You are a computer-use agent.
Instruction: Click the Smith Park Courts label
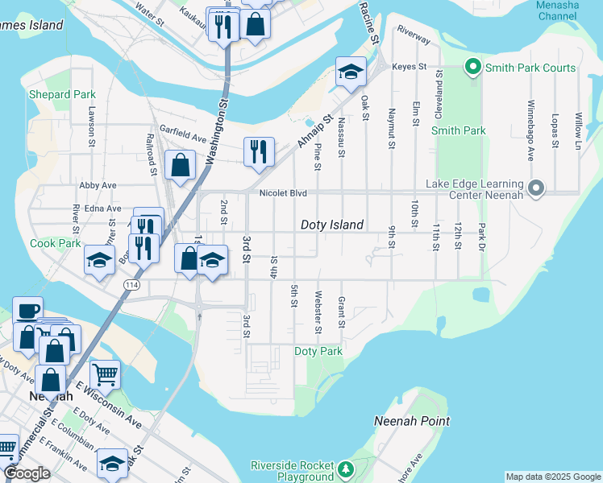(x=530, y=68)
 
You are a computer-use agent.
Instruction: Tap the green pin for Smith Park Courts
(x=473, y=68)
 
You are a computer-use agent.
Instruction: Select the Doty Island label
(x=332, y=225)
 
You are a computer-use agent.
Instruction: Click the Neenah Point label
(x=412, y=421)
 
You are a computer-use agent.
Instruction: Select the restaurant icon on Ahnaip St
(x=259, y=151)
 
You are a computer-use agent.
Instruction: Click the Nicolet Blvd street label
(x=283, y=193)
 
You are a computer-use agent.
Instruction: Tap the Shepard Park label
(x=62, y=94)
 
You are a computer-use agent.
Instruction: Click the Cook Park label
(x=56, y=242)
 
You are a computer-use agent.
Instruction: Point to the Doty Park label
(x=318, y=352)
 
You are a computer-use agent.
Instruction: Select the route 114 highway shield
(x=131, y=285)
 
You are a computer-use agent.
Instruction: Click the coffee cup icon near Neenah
(x=27, y=310)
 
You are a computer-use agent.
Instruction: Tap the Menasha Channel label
(x=557, y=10)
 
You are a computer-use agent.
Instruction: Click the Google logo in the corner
(x=27, y=473)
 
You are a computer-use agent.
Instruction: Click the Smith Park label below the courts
(x=458, y=130)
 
